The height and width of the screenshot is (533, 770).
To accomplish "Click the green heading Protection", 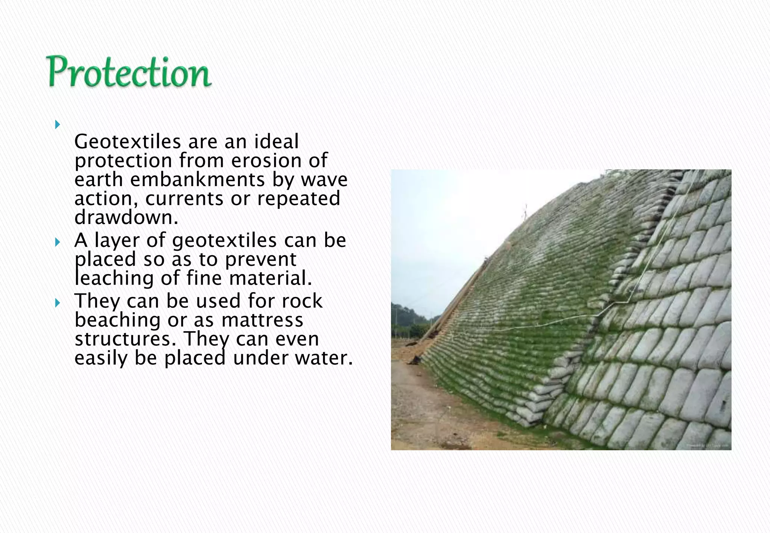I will pyautogui.click(x=129, y=72).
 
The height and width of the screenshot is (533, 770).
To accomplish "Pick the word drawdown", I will pyautogui.click(x=126, y=218).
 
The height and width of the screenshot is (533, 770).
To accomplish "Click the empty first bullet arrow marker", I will pyautogui.click(x=57, y=124).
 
